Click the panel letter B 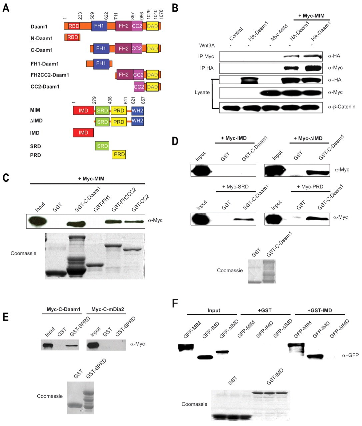point(175,7)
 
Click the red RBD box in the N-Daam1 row point(73,37)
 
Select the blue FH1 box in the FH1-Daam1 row point(101,63)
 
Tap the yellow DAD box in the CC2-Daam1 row point(152,87)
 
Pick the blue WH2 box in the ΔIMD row point(138,121)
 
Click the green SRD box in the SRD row point(102,146)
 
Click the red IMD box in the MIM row point(83,110)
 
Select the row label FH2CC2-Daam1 point(50,75)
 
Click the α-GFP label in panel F point(350,355)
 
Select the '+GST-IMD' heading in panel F point(318,311)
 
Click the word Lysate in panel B point(202,92)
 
